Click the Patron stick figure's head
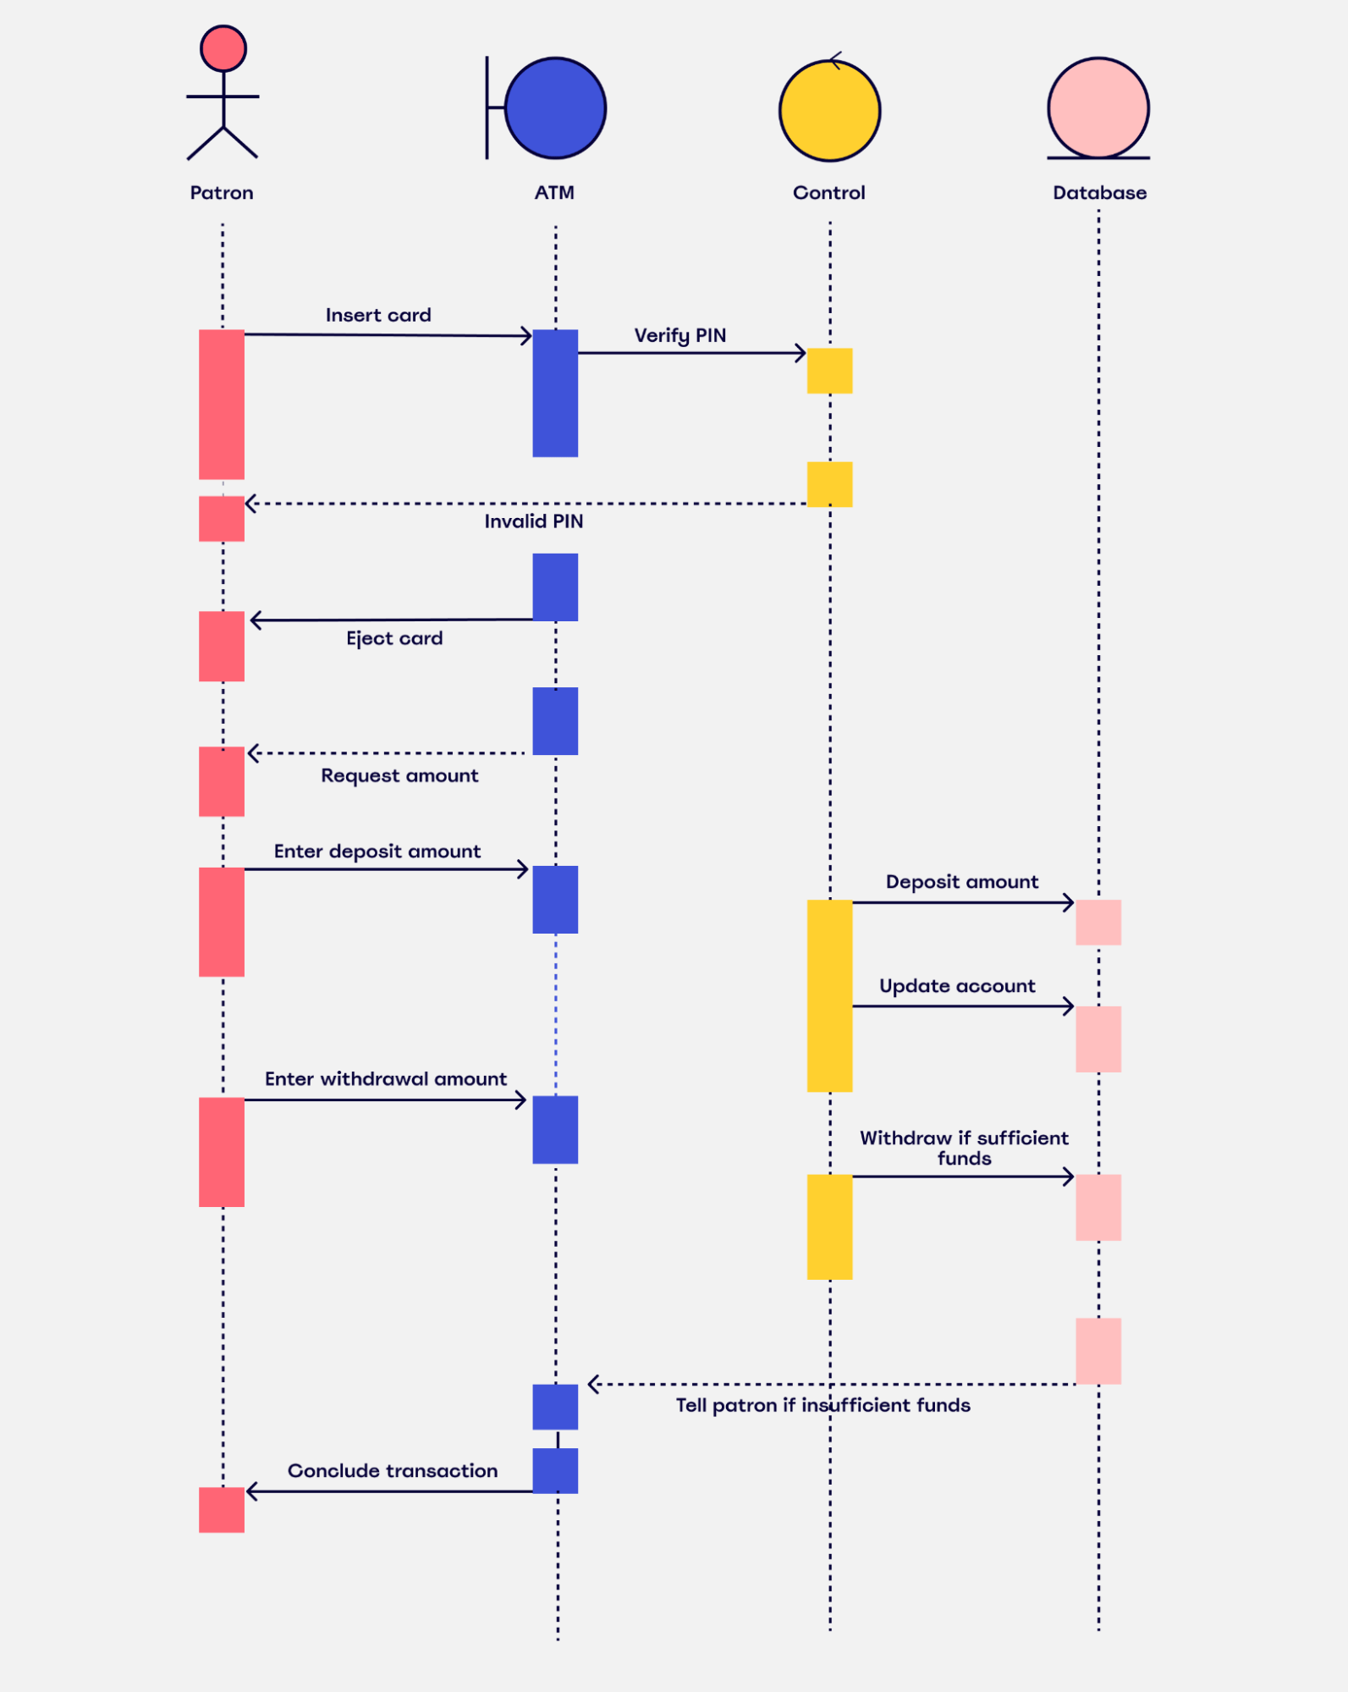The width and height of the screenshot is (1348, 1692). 223,48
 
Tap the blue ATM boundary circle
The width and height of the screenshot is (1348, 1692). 555,108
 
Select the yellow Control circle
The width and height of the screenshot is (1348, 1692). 829,110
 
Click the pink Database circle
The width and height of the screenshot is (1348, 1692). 1098,107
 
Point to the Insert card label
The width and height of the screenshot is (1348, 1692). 378,315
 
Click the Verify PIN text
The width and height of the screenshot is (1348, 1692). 680,335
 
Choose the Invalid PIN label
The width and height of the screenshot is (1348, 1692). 533,521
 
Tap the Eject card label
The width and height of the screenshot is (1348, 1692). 394,638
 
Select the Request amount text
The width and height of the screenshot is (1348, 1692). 399,775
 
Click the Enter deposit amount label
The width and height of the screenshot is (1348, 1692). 377,852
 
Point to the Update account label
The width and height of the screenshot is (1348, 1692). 957,986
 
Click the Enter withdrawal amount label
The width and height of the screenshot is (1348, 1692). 386,1079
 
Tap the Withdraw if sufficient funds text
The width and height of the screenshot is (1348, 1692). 964,1148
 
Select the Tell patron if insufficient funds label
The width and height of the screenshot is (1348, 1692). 823,1405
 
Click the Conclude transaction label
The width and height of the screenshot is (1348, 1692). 393,1471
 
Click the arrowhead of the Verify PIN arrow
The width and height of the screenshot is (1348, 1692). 801,353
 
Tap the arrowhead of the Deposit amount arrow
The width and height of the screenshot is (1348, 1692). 1069,903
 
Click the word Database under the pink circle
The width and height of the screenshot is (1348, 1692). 1099,193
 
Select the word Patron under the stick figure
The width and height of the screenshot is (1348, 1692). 222,193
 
